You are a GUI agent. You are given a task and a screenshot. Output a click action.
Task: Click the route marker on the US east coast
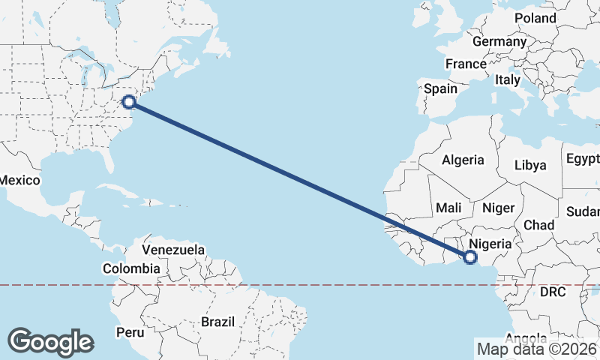coord(128,101)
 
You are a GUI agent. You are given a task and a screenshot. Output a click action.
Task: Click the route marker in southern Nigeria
coord(470,257)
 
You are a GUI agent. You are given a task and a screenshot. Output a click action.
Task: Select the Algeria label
coord(463,160)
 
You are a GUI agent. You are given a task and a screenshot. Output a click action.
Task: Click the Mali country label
coord(448,207)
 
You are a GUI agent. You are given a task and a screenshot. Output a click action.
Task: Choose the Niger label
coord(496,207)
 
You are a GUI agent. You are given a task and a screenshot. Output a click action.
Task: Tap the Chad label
coord(538,225)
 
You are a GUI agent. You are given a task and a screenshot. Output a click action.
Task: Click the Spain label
coord(440,88)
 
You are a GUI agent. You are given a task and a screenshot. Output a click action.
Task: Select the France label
coord(466,64)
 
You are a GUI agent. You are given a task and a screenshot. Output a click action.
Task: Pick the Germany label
coord(499,41)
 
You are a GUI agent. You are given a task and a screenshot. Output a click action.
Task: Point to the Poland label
coord(535,17)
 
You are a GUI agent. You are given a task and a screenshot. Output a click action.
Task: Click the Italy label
coord(508,79)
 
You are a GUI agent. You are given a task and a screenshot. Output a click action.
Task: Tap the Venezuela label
coord(173,249)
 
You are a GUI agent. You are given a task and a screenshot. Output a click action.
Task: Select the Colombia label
coord(131,268)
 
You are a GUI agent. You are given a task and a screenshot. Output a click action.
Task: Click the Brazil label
coord(217,321)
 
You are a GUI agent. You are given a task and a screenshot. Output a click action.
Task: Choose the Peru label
coord(130,331)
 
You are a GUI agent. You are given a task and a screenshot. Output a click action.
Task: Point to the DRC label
coord(552,291)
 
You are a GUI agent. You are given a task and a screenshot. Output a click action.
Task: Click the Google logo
coord(50,342)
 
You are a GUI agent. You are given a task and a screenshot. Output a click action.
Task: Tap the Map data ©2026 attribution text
coord(537,349)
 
